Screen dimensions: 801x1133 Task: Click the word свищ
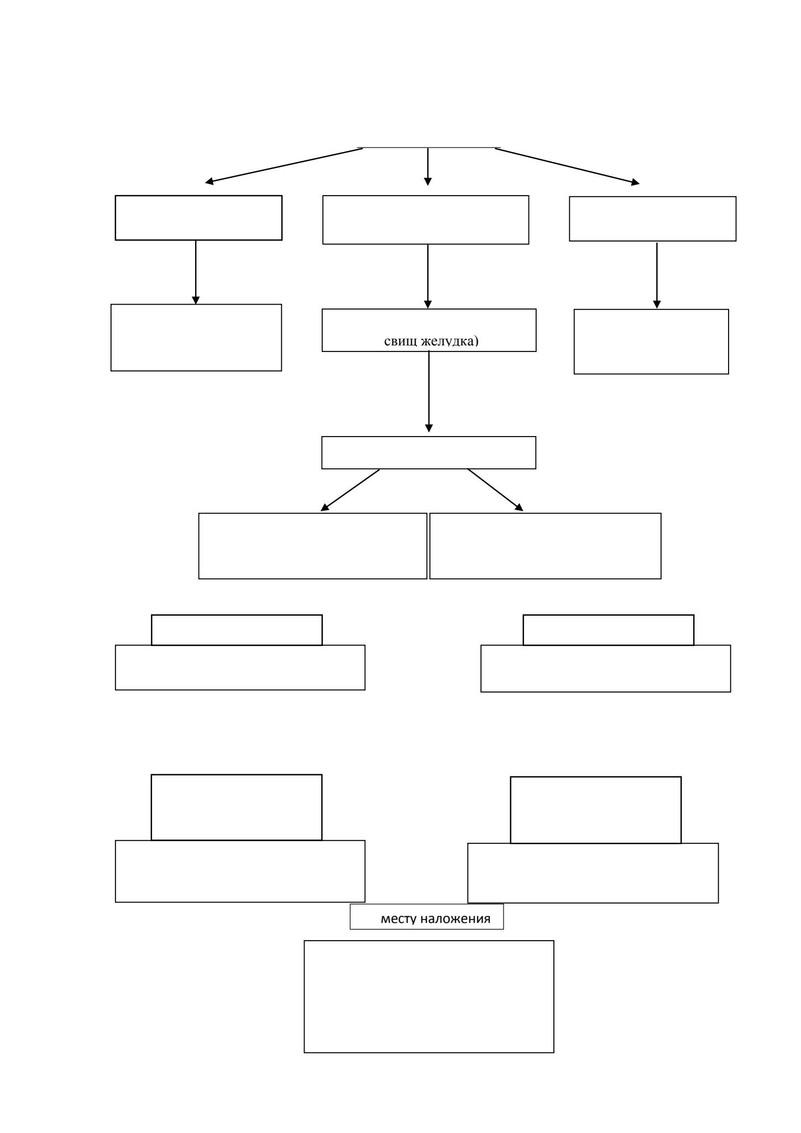point(401,341)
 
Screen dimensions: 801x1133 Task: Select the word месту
point(399,919)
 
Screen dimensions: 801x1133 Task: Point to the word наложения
point(456,919)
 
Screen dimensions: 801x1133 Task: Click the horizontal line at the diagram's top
point(429,148)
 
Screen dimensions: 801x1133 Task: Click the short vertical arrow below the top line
point(428,166)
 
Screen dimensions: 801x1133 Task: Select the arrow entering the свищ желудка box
point(428,276)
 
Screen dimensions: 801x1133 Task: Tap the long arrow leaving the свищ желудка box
point(429,391)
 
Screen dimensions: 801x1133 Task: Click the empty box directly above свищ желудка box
point(426,219)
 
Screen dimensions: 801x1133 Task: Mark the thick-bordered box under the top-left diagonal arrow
point(198,218)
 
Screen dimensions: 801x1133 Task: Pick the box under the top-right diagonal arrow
point(653,218)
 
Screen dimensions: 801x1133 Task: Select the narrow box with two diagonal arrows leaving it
point(429,453)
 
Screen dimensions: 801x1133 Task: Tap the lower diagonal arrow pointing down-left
point(350,490)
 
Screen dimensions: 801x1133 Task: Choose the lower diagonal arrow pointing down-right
point(495,490)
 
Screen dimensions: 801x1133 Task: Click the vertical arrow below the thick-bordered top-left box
point(196,272)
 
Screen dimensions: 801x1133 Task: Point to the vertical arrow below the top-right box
point(657,275)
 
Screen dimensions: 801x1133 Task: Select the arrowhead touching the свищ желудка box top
point(428,305)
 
